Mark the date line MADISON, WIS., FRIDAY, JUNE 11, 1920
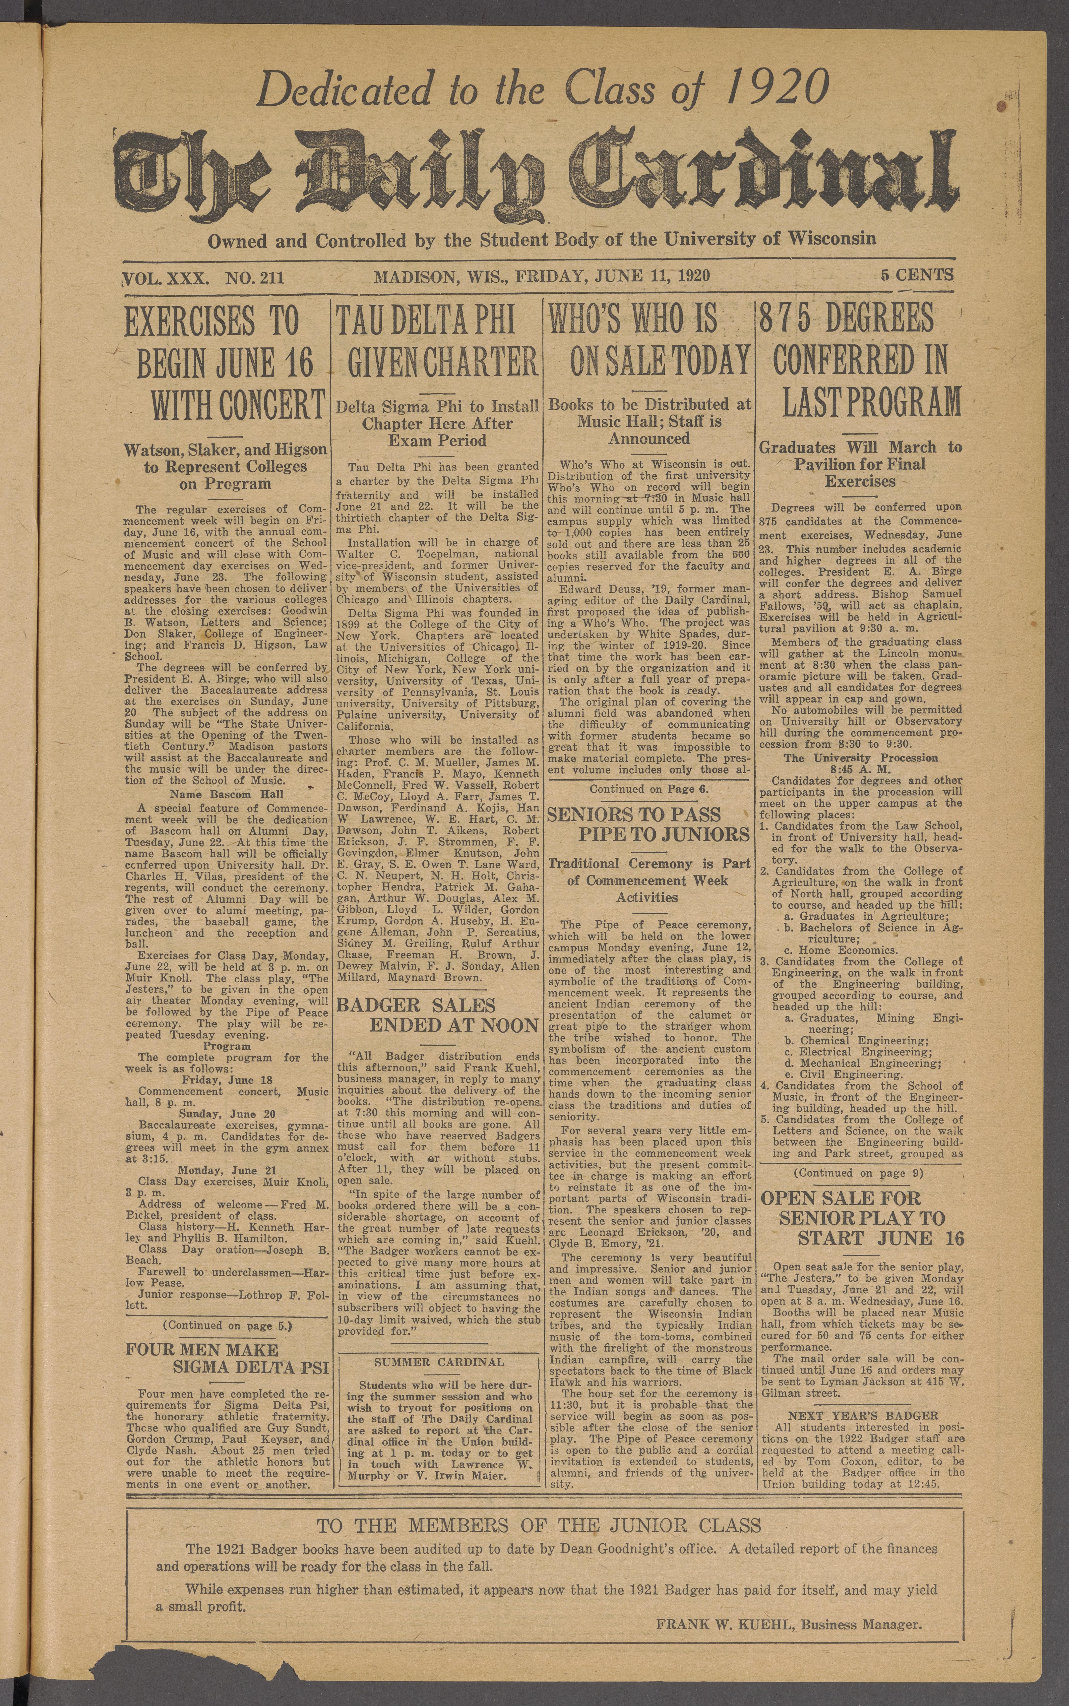click(x=542, y=276)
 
